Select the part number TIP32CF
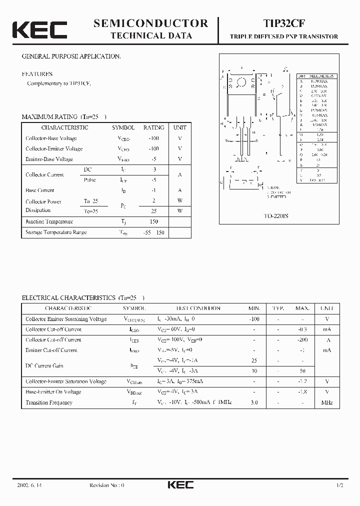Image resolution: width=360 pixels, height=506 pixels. coord(283,23)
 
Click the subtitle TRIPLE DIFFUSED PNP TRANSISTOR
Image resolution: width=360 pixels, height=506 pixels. coord(283,36)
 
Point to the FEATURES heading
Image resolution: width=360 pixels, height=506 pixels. coord(37,74)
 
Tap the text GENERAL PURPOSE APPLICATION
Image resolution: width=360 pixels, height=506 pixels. coord(71,56)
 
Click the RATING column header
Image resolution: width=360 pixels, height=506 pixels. coord(154,127)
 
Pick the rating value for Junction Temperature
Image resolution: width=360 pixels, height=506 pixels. coord(154,221)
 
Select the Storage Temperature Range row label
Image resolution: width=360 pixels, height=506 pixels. coord(56,232)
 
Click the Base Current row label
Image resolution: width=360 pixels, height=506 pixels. coord(40,190)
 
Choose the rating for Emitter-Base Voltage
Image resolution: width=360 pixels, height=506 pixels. coord(154,159)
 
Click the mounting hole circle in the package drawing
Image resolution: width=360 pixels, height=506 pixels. coord(242,82)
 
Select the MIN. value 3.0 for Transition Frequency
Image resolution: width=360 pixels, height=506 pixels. coord(254,402)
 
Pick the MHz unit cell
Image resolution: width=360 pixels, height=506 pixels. coord(327,402)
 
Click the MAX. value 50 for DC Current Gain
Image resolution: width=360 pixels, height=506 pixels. coord(302,371)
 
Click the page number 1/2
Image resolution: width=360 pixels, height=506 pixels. coord(340,485)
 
